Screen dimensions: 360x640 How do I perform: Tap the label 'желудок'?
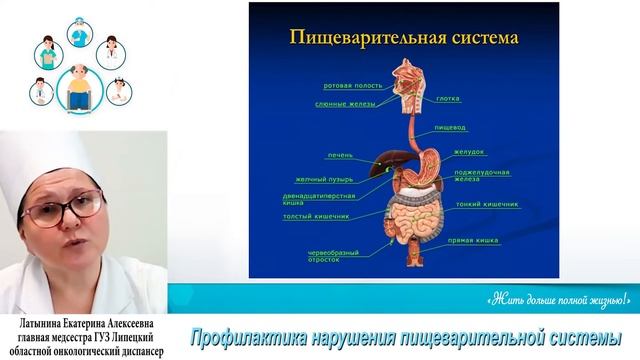(469, 153)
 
